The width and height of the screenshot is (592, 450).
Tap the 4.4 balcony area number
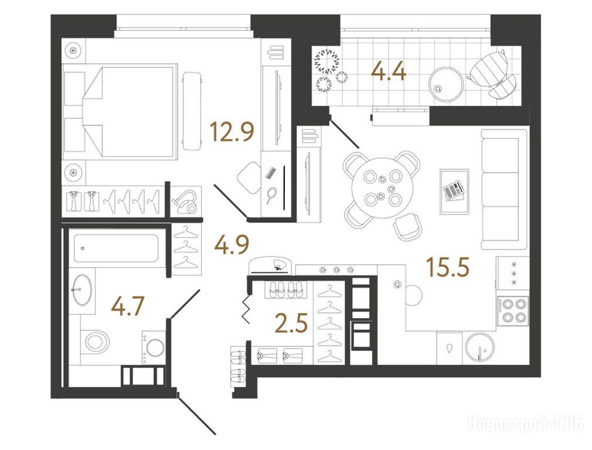[389, 71]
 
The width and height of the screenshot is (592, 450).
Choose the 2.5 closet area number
[291, 324]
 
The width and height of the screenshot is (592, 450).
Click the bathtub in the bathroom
[116, 248]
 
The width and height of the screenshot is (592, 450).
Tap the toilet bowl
[97, 342]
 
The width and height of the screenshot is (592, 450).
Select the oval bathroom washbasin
[82, 289]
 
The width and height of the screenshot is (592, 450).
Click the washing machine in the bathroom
[154, 347]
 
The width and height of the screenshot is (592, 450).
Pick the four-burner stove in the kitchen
[513, 311]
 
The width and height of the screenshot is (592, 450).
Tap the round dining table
[382, 188]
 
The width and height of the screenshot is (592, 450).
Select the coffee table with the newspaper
[455, 192]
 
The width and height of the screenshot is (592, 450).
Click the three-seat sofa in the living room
[504, 189]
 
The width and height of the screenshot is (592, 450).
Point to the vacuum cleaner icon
[185, 201]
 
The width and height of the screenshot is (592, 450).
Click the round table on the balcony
[446, 84]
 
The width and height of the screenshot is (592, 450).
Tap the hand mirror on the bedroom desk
[271, 195]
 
